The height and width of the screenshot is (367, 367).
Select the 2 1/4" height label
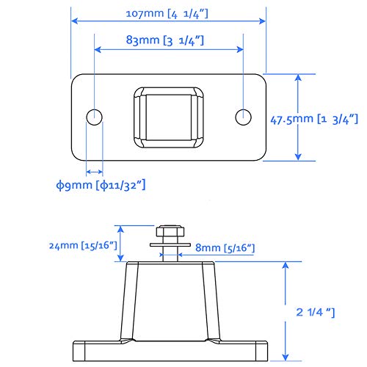pyautogui.click(x=312, y=313)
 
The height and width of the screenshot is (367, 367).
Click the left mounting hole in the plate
pyautogui.click(x=94, y=117)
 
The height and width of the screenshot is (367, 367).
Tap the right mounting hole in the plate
pyautogui.click(x=243, y=117)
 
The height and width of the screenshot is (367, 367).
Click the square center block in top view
pyautogui.click(x=168, y=115)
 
